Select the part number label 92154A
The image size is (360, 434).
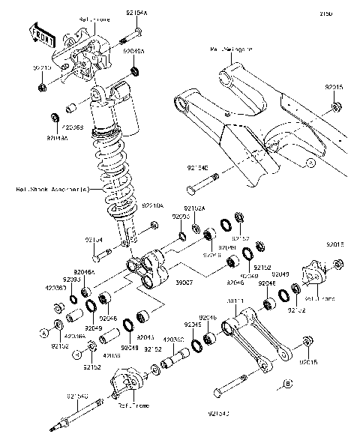pos(136,13)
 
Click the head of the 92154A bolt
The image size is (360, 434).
pos(139,33)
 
